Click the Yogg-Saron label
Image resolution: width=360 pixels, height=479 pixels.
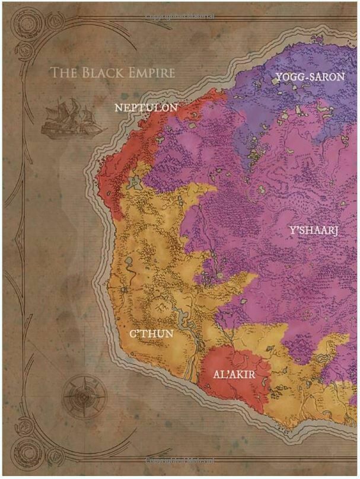[310, 76]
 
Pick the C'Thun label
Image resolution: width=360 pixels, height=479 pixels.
[151, 334]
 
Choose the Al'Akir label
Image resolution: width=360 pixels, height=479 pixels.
[234, 374]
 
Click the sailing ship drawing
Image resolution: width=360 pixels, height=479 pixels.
[66, 117]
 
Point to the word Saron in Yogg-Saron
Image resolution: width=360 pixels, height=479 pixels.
[326, 76]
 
